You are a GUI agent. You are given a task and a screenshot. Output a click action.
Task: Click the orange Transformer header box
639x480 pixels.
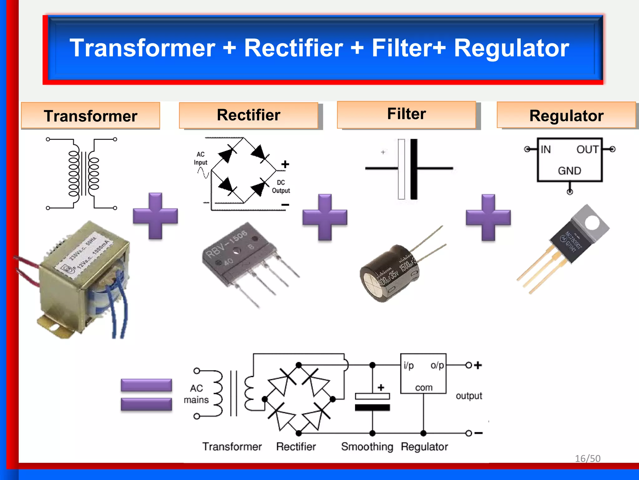pyautogui.click(x=90, y=116)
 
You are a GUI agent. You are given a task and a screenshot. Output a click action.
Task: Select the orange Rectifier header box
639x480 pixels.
pyautogui.click(x=249, y=115)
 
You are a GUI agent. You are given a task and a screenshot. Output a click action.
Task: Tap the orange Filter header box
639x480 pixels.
pyautogui.click(x=406, y=114)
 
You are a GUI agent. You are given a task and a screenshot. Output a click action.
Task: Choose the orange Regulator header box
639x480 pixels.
pyautogui.click(x=566, y=115)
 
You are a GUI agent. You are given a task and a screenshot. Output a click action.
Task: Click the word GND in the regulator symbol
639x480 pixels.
pyautogui.click(x=569, y=171)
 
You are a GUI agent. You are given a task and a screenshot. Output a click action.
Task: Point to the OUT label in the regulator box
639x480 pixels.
pyautogui.click(x=587, y=149)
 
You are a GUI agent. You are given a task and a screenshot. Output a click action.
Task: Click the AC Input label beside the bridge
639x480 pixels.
pyautogui.click(x=200, y=158)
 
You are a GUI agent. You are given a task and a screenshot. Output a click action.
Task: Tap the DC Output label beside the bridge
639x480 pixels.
pyautogui.click(x=281, y=187)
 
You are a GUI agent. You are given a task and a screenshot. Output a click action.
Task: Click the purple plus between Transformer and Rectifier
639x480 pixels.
pyautogui.click(x=155, y=216)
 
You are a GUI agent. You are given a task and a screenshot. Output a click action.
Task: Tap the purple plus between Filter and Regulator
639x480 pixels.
pyautogui.click(x=488, y=217)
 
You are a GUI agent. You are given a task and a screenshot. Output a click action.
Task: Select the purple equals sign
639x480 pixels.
pyautogui.click(x=146, y=394)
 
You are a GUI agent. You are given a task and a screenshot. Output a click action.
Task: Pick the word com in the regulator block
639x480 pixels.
pyautogui.click(x=423, y=387)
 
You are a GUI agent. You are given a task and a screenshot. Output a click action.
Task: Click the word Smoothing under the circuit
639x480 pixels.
pyautogui.click(x=367, y=447)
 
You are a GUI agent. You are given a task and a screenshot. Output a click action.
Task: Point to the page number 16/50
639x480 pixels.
pyautogui.click(x=588, y=458)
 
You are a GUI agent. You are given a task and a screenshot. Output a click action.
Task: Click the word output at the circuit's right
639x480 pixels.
pyautogui.click(x=469, y=396)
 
